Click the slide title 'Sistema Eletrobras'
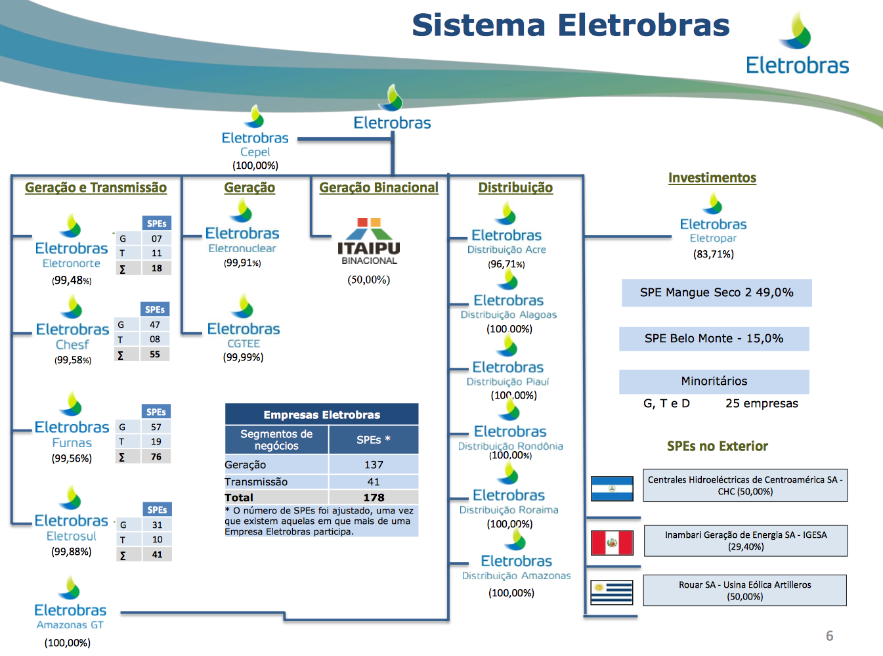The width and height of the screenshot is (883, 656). pyautogui.click(x=571, y=26)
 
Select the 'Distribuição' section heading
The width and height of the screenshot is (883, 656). pyautogui.click(x=515, y=188)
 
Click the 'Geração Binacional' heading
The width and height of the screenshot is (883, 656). pyautogui.click(x=379, y=188)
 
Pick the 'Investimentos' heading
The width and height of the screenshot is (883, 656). pyautogui.click(x=712, y=178)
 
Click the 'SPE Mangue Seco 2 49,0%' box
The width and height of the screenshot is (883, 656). pyautogui.click(x=717, y=293)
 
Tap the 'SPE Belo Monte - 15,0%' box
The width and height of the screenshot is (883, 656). pyautogui.click(x=714, y=339)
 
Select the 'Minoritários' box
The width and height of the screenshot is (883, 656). pyautogui.click(x=714, y=382)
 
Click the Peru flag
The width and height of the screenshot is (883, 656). pyautogui.click(x=612, y=543)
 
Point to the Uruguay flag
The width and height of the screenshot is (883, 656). pyautogui.click(x=612, y=592)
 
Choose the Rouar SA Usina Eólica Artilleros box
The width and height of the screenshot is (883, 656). pyautogui.click(x=745, y=590)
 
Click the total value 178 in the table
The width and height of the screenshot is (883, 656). pyautogui.click(x=374, y=498)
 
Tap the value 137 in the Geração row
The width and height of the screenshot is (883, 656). pyautogui.click(x=374, y=465)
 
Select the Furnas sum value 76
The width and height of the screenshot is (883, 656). pyautogui.click(x=156, y=457)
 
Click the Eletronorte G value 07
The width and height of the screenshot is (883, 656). pyautogui.click(x=157, y=238)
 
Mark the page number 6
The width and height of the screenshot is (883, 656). pyautogui.click(x=830, y=636)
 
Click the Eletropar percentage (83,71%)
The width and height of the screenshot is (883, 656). pyautogui.click(x=714, y=254)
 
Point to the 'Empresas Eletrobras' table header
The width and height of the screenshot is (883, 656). pyautogui.click(x=322, y=415)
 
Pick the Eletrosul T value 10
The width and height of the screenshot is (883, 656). pyautogui.click(x=158, y=540)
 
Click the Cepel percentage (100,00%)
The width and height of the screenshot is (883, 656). pyautogui.click(x=255, y=165)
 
